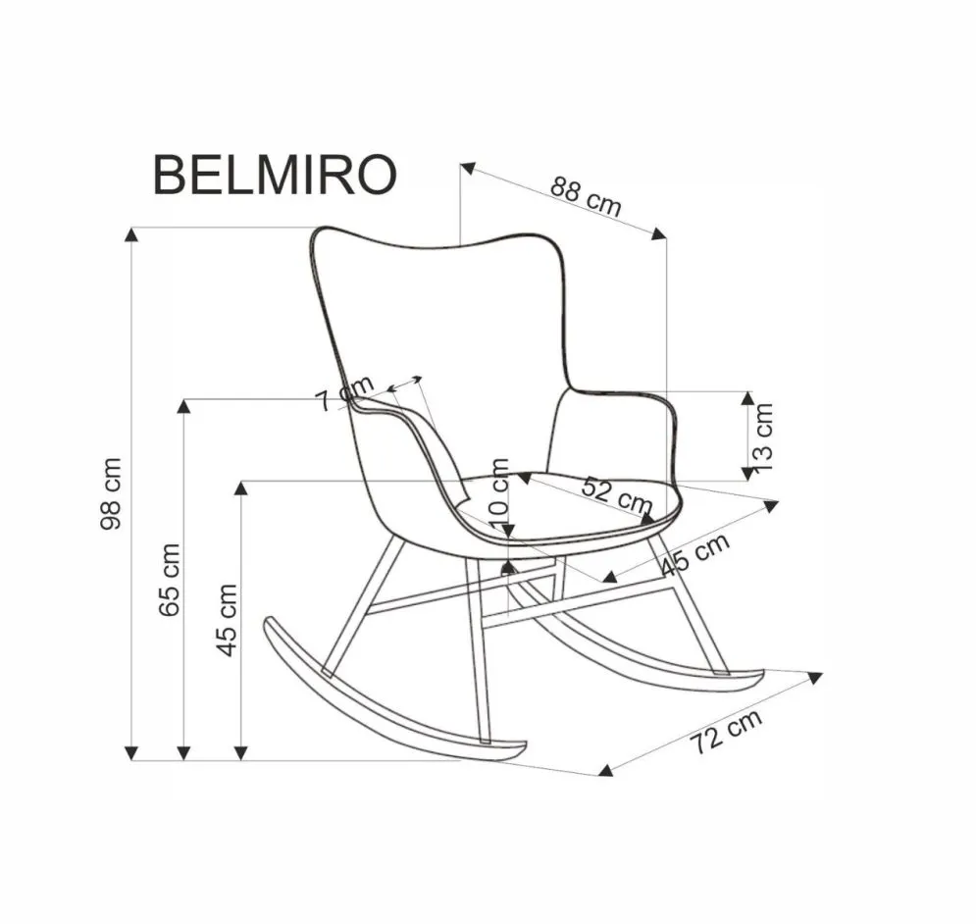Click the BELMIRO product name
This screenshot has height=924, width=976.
[x=276, y=176]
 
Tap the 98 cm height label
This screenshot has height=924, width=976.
[x=112, y=493]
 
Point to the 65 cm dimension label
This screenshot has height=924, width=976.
[x=170, y=579]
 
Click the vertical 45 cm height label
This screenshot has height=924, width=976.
[x=228, y=620]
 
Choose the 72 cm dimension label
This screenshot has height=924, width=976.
[x=725, y=732]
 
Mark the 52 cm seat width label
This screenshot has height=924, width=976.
[x=616, y=494]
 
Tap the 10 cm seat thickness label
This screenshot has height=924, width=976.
[x=498, y=488]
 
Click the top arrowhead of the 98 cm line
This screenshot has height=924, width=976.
[x=131, y=233]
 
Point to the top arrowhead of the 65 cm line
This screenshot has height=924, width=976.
[x=183, y=405]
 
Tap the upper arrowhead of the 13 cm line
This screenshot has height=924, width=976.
[x=747, y=397]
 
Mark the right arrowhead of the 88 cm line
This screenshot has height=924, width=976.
[x=659, y=232]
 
